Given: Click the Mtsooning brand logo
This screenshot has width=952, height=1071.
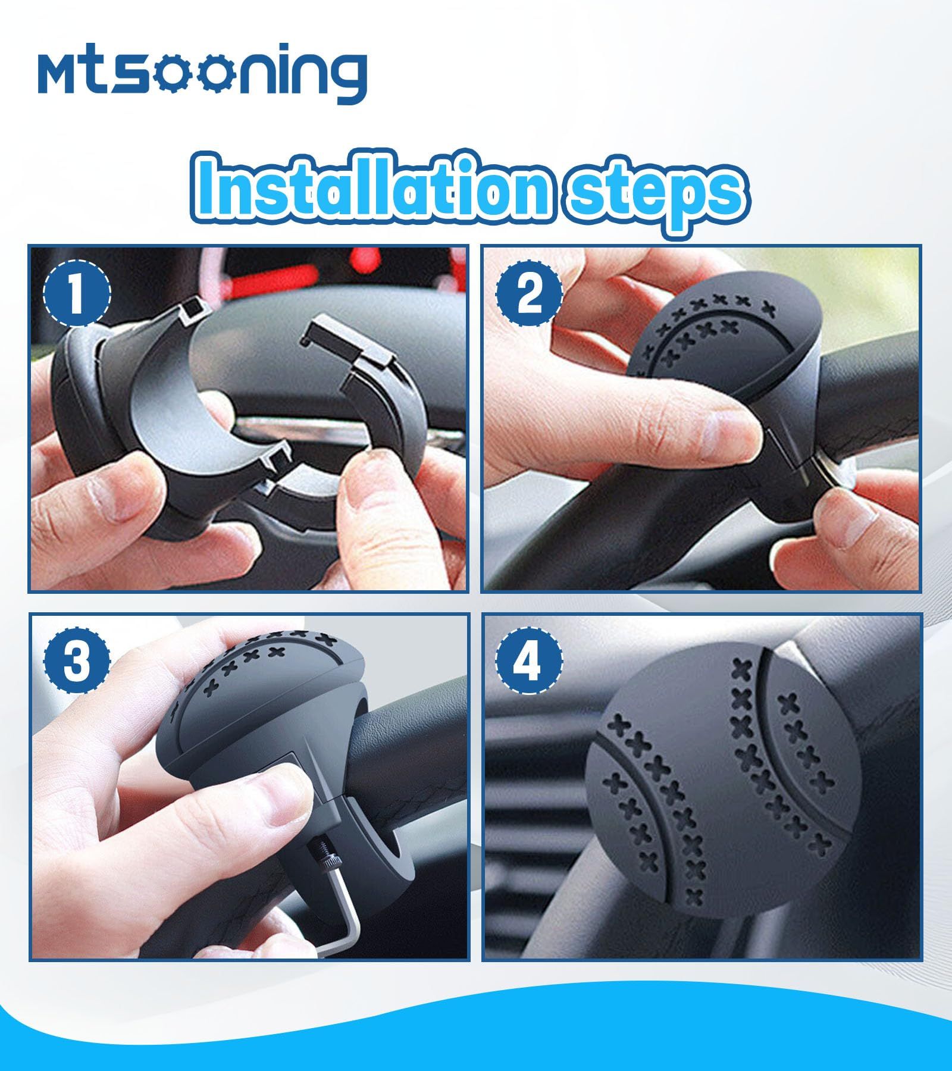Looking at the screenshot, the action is pos(202,74).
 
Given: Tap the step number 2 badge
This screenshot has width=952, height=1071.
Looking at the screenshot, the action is pos(530,293).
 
